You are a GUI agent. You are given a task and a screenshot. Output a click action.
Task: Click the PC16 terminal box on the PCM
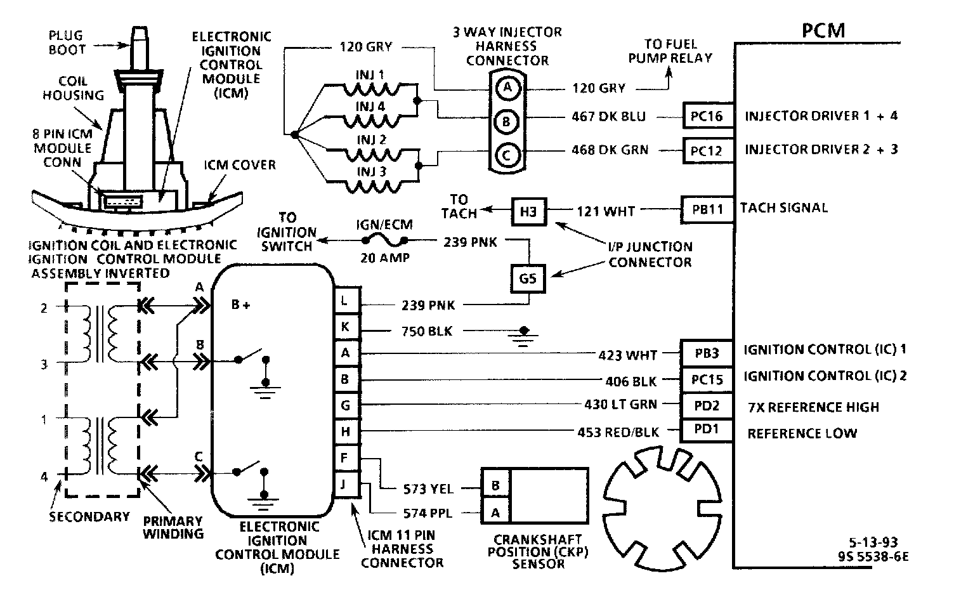(707, 116)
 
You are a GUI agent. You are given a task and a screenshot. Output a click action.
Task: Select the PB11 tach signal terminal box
(707, 209)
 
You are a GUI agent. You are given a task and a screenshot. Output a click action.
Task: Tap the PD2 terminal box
(706, 405)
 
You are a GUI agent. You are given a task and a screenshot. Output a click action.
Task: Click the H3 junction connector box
(528, 212)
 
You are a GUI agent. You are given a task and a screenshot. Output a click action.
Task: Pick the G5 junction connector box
(528, 278)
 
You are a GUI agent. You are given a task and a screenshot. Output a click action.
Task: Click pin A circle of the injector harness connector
(507, 88)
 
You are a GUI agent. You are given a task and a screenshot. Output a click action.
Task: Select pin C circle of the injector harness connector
(507, 154)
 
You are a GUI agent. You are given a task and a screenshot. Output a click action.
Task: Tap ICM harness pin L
(346, 301)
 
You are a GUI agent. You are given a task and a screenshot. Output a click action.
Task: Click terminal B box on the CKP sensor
(495, 486)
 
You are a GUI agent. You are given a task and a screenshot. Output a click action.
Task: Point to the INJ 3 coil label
(370, 172)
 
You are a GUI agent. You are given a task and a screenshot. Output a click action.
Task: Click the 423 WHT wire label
(627, 355)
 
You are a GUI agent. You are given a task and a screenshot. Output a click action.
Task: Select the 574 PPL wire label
(428, 513)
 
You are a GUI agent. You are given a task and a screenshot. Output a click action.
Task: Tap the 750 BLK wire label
(427, 331)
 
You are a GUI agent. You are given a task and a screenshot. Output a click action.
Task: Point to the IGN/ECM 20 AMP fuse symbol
(384, 240)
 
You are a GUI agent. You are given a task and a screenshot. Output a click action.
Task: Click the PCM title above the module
(823, 30)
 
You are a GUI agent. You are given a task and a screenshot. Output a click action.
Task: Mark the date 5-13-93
(873, 543)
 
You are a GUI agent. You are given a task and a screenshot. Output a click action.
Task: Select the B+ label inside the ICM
(240, 305)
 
